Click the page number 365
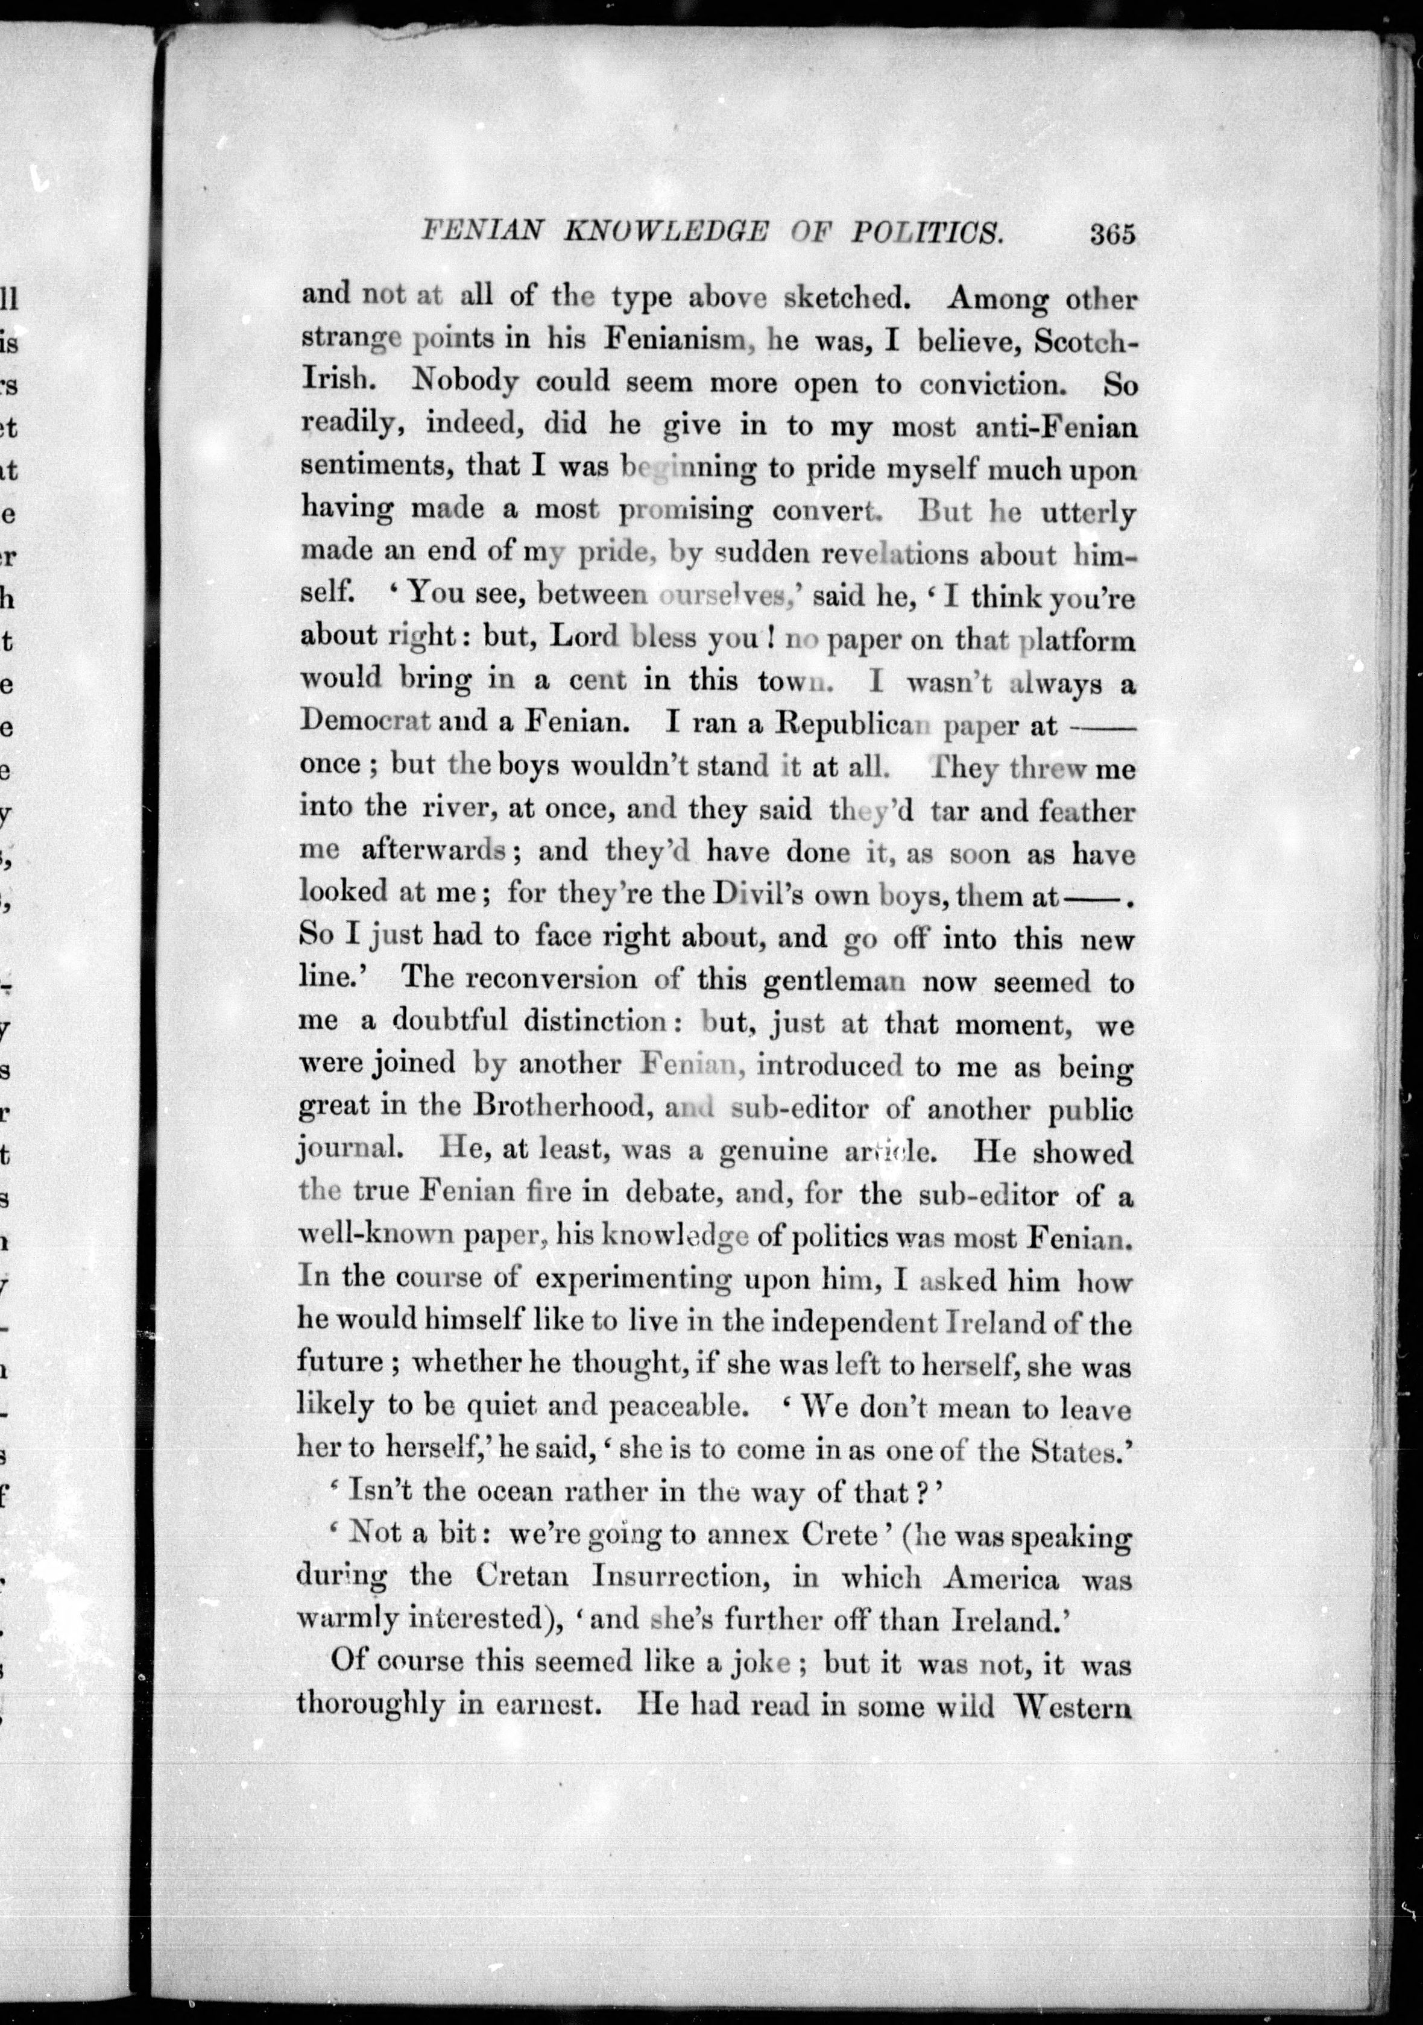pos(1112,234)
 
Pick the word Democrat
pos(364,721)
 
